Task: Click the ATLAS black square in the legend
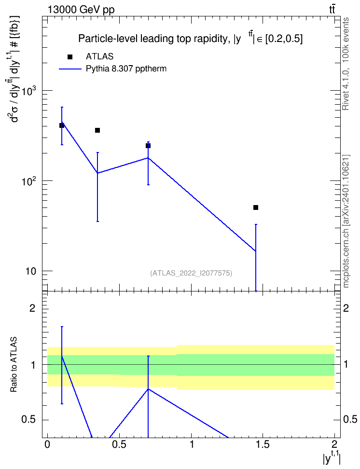click(70, 57)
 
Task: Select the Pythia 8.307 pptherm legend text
click(126, 69)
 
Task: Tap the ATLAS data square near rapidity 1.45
click(256, 207)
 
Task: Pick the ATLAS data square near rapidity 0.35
click(97, 130)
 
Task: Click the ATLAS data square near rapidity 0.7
click(148, 146)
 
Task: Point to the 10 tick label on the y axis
click(30, 271)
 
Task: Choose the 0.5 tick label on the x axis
click(119, 444)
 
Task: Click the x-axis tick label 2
click(334, 444)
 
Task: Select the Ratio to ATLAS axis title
click(14, 365)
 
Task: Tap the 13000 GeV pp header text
click(81, 10)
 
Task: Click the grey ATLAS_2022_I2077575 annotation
click(191, 273)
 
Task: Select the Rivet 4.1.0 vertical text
click(346, 64)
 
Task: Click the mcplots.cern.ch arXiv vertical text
click(346, 221)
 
